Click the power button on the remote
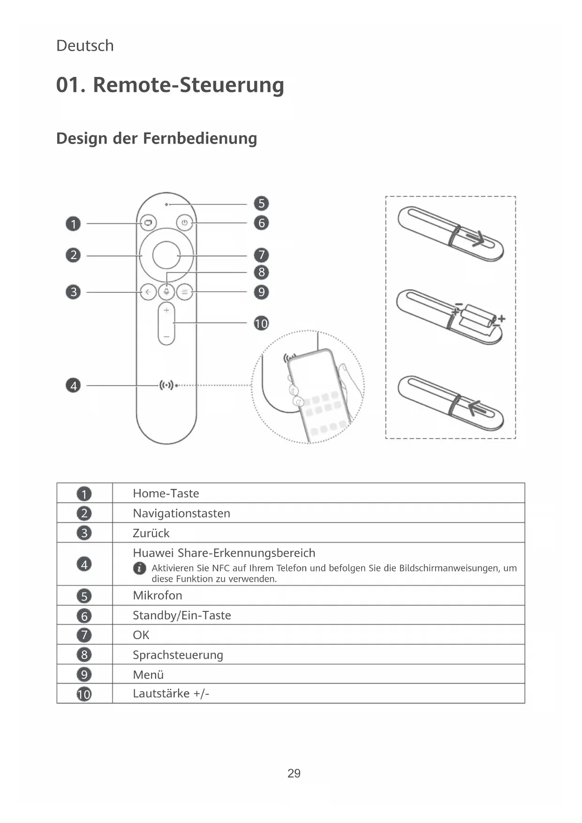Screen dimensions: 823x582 tap(184, 223)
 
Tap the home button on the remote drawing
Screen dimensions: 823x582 tap(148, 223)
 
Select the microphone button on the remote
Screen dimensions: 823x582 tap(166, 292)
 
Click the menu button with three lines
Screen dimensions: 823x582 tap(185, 292)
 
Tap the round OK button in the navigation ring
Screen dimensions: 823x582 tap(166, 255)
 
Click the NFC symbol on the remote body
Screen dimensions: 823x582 tap(166, 385)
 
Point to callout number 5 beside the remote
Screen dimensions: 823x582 tap(261, 204)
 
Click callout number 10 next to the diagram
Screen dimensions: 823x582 tap(261, 323)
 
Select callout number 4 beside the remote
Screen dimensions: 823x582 tap(73, 386)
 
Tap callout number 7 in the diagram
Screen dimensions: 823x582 tap(261, 255)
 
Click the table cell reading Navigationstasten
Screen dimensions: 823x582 tap(181, 513)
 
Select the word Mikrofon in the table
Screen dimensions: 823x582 tap(158, 595)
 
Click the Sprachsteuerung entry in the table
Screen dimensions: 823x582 tap(178, 655)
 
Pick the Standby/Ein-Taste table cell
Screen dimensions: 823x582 tap(182, 615)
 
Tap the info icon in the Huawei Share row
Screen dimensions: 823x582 tap(139, 568)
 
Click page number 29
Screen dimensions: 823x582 tap(294, 773)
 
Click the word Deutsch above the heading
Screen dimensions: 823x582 tap(85, 46)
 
